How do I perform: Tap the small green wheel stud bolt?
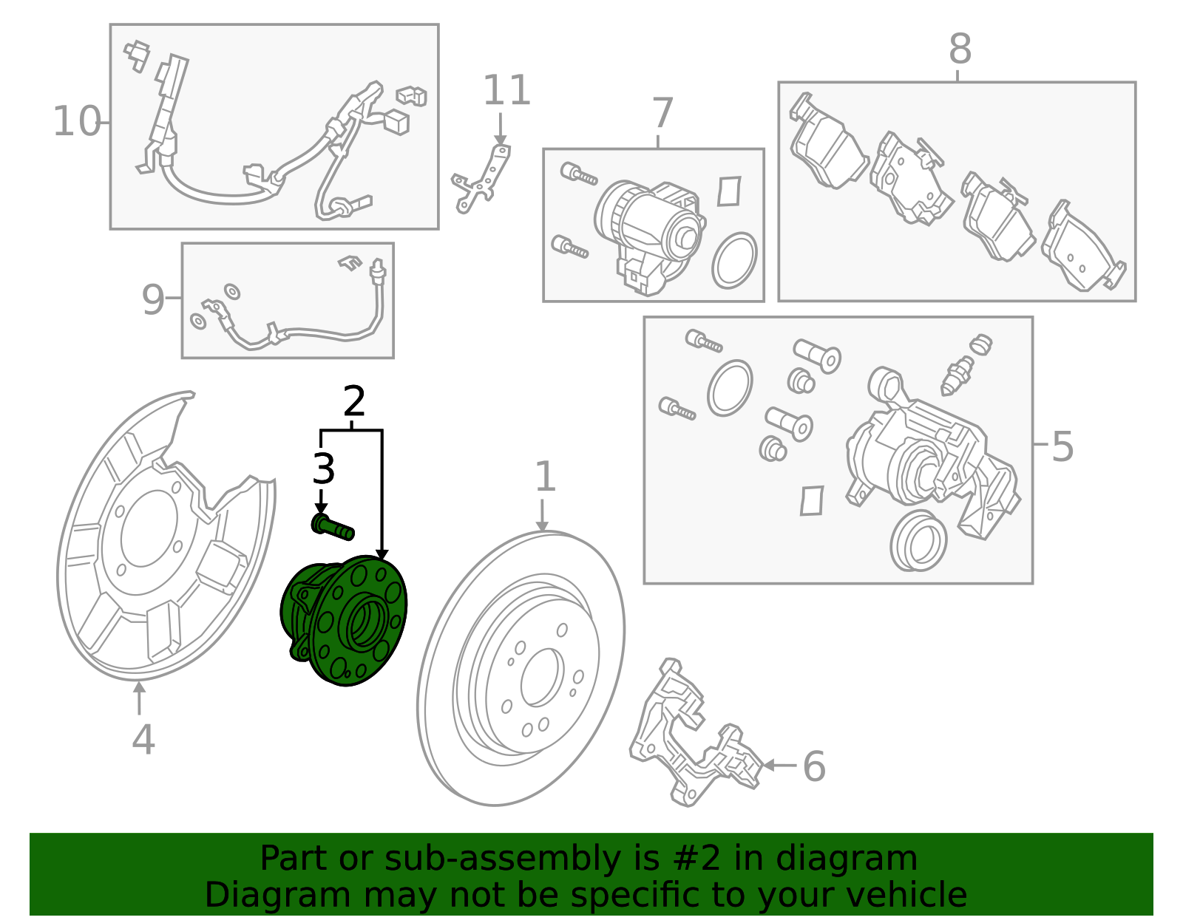(x=333, y=527)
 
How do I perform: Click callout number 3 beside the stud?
(x=324, y=469)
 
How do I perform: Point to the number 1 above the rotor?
(x=544, y=477)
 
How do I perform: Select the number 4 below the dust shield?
(x=143, y=739)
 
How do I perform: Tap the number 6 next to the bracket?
(x=813, y=766)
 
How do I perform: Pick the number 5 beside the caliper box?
(x=1062, y=447)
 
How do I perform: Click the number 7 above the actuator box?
(x=662, y=114)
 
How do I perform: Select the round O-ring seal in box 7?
(x=734, y=260)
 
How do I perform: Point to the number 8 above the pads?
(x=960, y=50)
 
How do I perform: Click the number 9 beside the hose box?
(x=153, y=300)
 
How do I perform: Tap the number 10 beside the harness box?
(x=76, y=122)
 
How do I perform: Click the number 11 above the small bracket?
(x=506, y=91)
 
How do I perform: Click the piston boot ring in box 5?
(x=918, y=540)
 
